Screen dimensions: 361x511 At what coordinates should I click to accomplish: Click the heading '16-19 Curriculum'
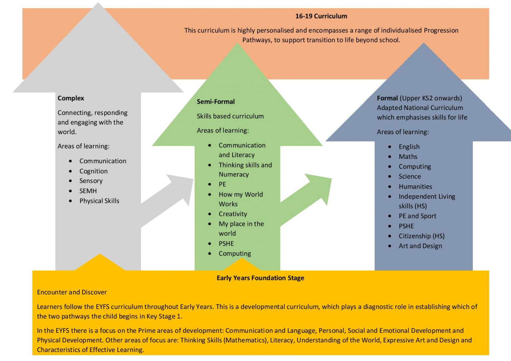tap(321, 16)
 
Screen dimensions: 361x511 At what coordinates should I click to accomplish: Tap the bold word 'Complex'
tap(71, 98)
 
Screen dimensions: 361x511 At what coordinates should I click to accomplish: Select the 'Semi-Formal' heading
tap(216, 102)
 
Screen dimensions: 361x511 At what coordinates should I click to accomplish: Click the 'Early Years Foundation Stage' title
tap(260, 278)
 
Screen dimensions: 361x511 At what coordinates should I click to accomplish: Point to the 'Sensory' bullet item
tap(91, 181)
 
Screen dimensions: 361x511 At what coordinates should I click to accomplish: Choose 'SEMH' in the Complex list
tap(88, 191)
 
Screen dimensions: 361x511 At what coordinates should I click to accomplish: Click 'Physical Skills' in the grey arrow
tap(99, 201)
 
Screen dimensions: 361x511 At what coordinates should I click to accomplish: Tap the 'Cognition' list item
tap(93, 171)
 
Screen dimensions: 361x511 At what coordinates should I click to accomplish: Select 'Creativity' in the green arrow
tap(233, 214)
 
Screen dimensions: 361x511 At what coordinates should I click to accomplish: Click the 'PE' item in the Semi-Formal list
tap(222, 184)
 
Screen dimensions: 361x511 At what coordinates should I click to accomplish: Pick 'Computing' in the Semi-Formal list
tap(235, 253)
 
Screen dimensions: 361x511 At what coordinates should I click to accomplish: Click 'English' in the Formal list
tap(409, 147)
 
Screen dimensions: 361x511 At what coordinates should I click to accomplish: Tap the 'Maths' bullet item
tap(408, 156)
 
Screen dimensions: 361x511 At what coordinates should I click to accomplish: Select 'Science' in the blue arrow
tap(410, 176)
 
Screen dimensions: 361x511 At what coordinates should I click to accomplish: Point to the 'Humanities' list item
tap(415, 186)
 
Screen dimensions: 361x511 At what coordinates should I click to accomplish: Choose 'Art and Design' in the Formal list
tap(420, 246)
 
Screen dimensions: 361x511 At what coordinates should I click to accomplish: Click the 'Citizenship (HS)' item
tap(422, 236)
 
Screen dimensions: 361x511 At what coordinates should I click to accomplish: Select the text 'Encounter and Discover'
tap(72, 292)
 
